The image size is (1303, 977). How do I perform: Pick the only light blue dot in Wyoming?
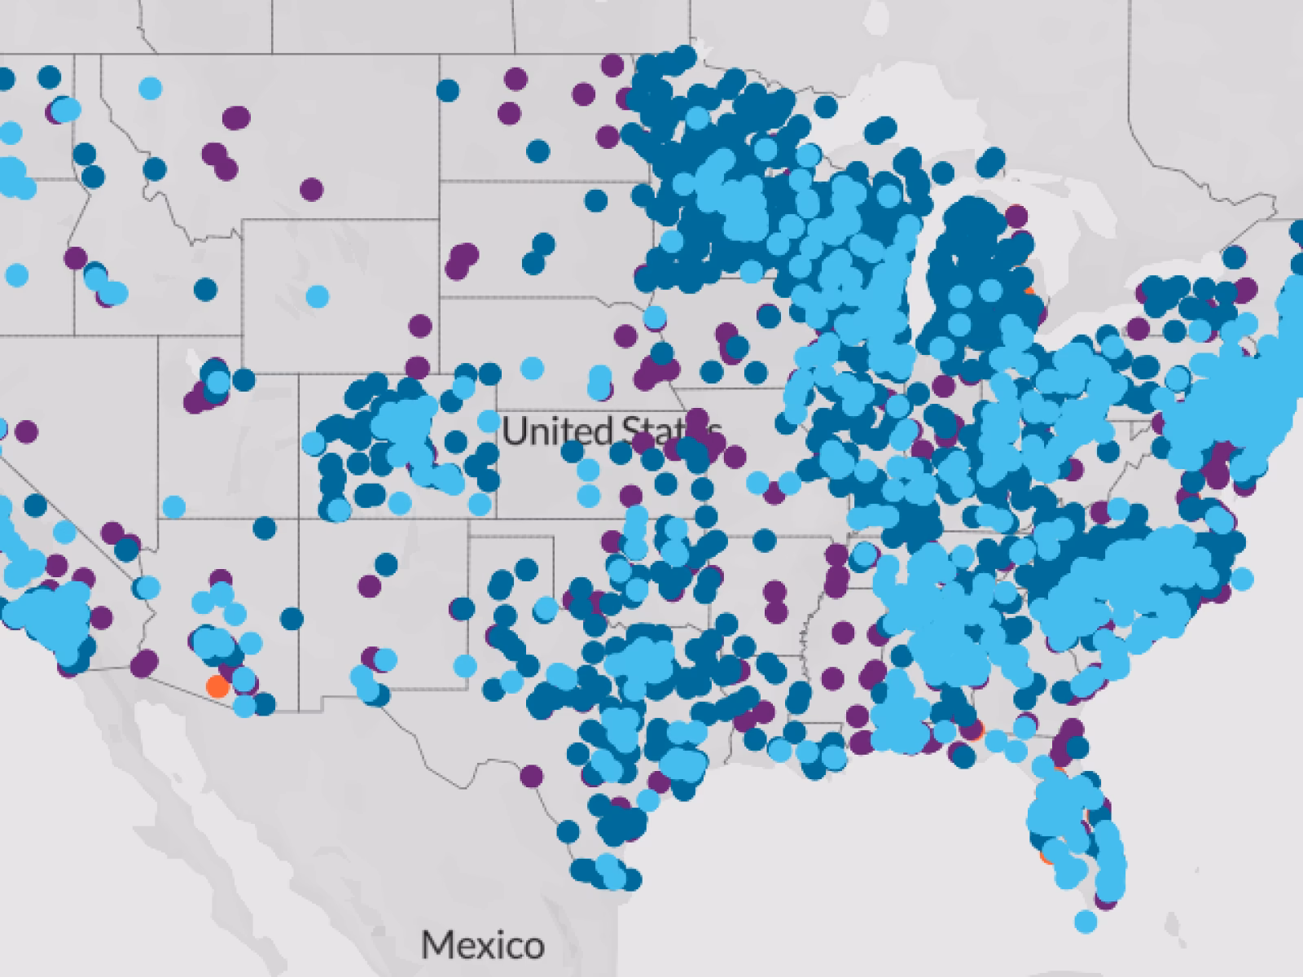(318, 296)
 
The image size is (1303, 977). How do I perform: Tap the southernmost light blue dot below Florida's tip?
(1085, 922)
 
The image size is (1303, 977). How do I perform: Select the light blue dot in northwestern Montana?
(150, 87)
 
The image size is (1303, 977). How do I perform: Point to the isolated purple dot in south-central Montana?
(311, 190)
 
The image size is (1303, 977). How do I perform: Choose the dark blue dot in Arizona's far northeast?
(265, 528)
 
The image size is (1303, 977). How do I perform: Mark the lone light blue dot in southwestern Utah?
(173, 506)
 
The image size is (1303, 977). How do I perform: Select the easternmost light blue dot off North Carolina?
(1242, 579)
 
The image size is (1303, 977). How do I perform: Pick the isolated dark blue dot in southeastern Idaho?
(206, 288)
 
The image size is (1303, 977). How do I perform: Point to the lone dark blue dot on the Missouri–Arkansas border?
(764, 539)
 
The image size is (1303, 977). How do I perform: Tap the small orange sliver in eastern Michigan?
(1031, 291)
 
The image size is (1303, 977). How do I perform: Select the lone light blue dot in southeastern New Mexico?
(465, 666)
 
